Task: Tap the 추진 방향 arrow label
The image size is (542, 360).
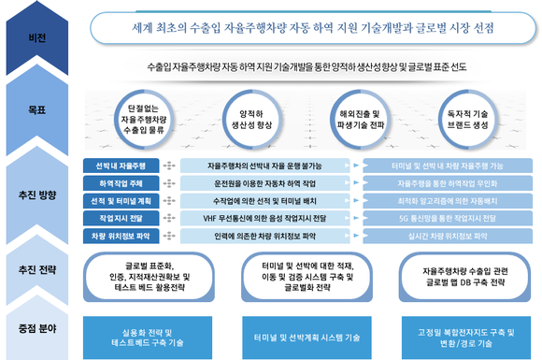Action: pyautogui.click(x=37, y=195)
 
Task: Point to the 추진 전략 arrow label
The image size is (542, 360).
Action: pyautogui.click(x=37, y=272)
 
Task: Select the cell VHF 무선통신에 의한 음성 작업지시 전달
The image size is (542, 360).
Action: pyautogui.click(x=268, y=218)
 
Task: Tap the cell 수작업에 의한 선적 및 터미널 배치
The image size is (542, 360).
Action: pyautogui.click(x=268, y=200)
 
